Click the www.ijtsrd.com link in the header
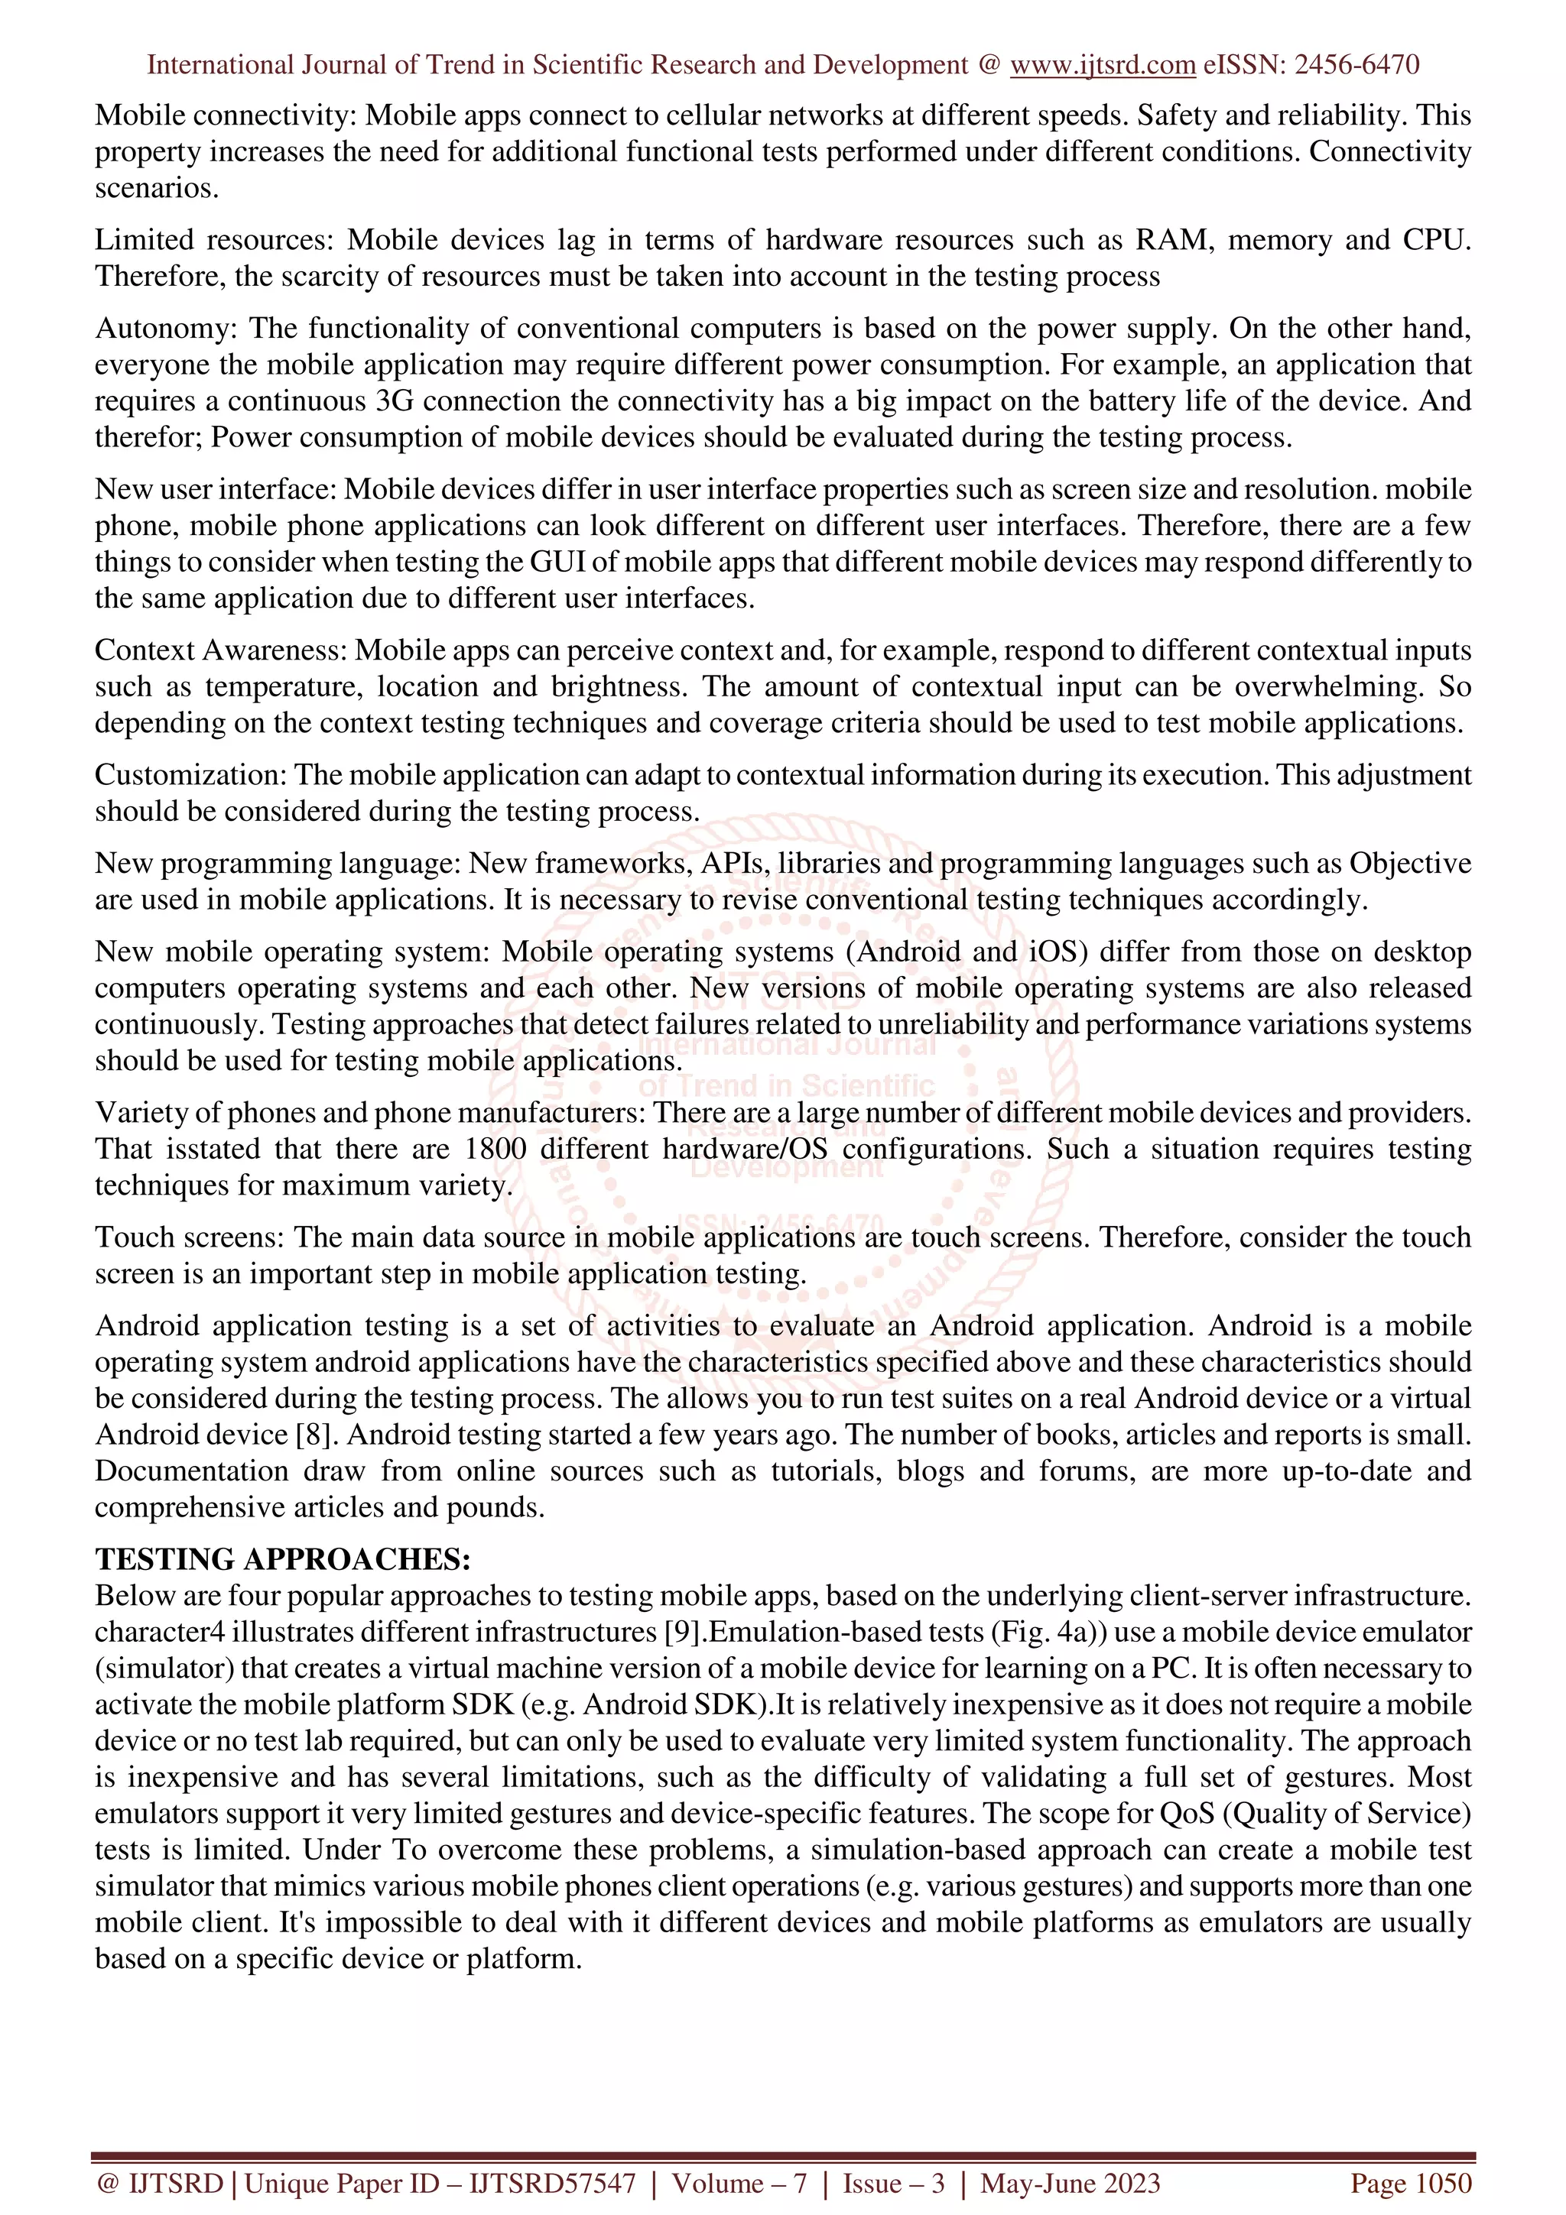[x=1102, y=65]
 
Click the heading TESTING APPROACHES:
[x=283, y=1559]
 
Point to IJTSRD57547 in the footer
[x=552, y=2182]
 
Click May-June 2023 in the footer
[x=1069, y=2182]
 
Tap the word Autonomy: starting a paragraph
[x=165, y=328]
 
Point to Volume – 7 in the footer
[x=739, y=2182]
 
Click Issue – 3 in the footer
[x=893, y=2182]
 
